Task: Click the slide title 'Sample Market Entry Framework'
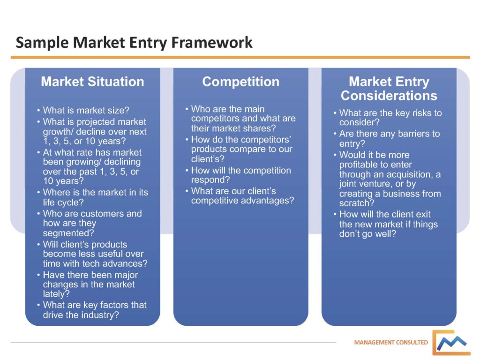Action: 134,43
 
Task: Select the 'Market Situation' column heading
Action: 92,82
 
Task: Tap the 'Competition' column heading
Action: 240,82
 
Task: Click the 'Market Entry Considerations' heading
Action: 389,89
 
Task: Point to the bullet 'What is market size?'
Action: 86,111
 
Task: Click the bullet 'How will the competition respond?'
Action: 241,175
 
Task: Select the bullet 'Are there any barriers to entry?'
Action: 389,139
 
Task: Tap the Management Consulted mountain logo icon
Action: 451,343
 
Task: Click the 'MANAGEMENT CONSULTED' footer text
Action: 391,343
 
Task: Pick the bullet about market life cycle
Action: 95,197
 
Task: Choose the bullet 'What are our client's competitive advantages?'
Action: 242,196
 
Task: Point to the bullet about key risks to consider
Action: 390,118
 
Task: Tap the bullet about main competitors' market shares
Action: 243,119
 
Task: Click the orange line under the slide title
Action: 240,57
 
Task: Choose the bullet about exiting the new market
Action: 388,224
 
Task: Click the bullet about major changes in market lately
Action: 90,285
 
